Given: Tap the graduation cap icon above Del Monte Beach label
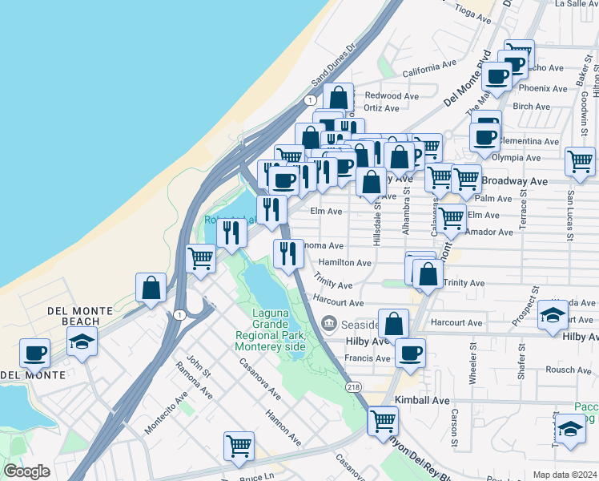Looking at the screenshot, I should pos(82,342).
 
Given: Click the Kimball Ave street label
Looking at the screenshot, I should pos(422,399).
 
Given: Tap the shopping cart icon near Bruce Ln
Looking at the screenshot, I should pos(239,447).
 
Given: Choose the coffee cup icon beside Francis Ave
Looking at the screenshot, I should pos(410,353).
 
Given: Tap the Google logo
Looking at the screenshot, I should pos(26,471).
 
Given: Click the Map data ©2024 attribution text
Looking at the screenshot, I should pos(565,475).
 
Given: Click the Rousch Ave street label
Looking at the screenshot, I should pos(569,370).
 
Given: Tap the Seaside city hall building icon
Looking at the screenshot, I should pos(328,324).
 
